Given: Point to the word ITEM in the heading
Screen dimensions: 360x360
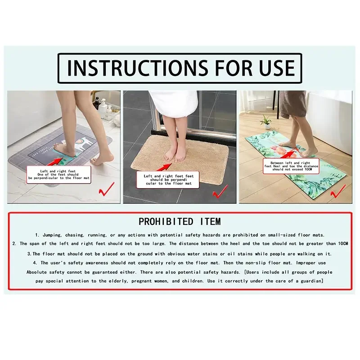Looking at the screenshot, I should (x=207, y=221).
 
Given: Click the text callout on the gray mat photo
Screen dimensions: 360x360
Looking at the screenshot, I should (x=59, y=173).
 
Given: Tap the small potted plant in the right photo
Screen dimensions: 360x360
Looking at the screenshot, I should (x=266, y=121).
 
